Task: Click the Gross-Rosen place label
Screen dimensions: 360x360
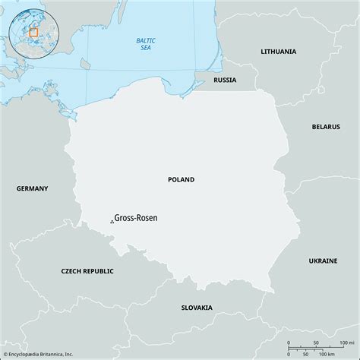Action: pos(137,216)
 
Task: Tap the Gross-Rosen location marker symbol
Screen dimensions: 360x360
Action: pos(112,221)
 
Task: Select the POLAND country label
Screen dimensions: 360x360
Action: pos(181,180)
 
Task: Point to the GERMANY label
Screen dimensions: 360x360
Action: pos(31,188)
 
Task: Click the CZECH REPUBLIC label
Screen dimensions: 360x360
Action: pos(87,270)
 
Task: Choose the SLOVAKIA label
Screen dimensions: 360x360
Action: pos(197,308)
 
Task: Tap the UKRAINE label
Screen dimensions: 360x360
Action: pos(322,261)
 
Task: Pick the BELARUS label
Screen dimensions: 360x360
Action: pos(327,127)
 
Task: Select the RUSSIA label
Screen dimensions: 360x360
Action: pos(226,80)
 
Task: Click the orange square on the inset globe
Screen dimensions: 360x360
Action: pos(33,33)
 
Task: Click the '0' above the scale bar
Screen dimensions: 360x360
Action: pos(289,343)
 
